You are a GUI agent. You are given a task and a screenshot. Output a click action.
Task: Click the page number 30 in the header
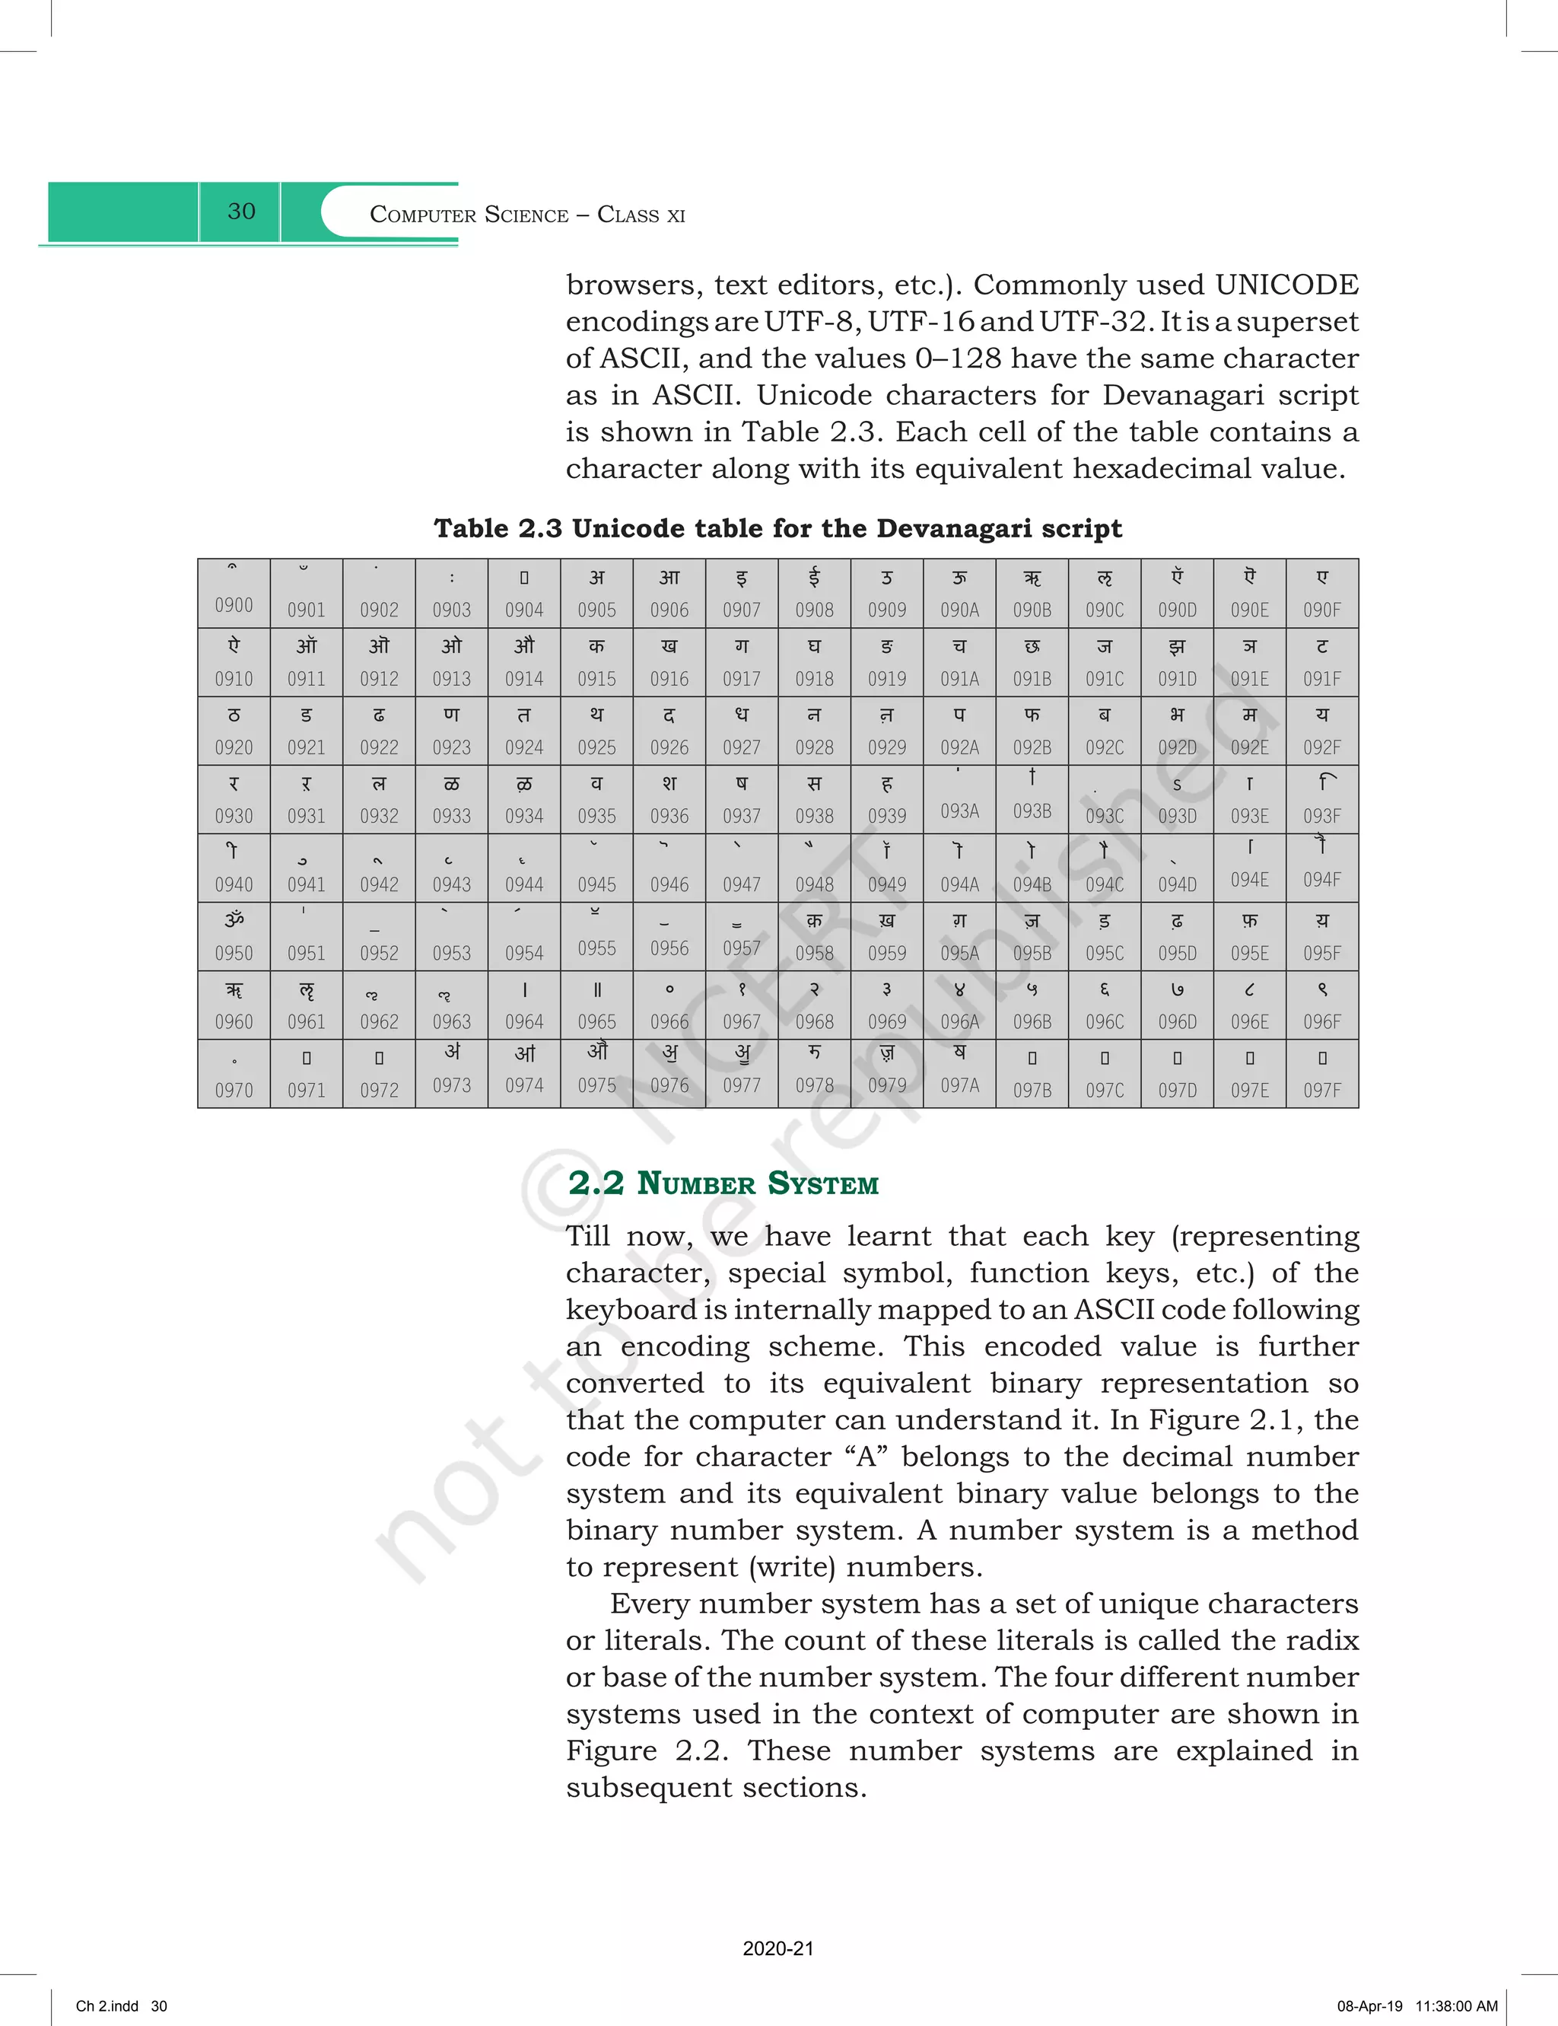[241, 212]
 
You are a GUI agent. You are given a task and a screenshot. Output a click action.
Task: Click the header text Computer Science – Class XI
[526, 215]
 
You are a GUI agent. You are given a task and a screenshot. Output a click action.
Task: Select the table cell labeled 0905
[596, 594]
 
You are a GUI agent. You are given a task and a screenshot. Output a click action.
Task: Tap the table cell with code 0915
[596, 662]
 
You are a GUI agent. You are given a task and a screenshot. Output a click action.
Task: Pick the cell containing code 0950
[234, 937]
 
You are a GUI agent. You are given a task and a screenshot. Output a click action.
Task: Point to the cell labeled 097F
[1321, 1074]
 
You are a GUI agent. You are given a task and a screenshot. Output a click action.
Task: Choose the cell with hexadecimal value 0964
[524, 1005]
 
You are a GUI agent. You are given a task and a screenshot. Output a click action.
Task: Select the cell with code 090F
[1321, 594]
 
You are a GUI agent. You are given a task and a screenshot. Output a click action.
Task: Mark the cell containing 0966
[669, 1005]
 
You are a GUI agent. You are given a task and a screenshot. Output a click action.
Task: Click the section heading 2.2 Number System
[723, 1183]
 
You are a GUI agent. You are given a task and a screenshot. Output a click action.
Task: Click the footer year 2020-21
[778, 1948]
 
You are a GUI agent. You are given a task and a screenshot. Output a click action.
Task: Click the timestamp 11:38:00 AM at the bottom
[1456, 2005]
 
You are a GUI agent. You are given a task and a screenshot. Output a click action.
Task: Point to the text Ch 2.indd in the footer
[107, 2005]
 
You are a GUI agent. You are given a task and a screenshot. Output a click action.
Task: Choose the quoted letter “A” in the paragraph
[865, 1457]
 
